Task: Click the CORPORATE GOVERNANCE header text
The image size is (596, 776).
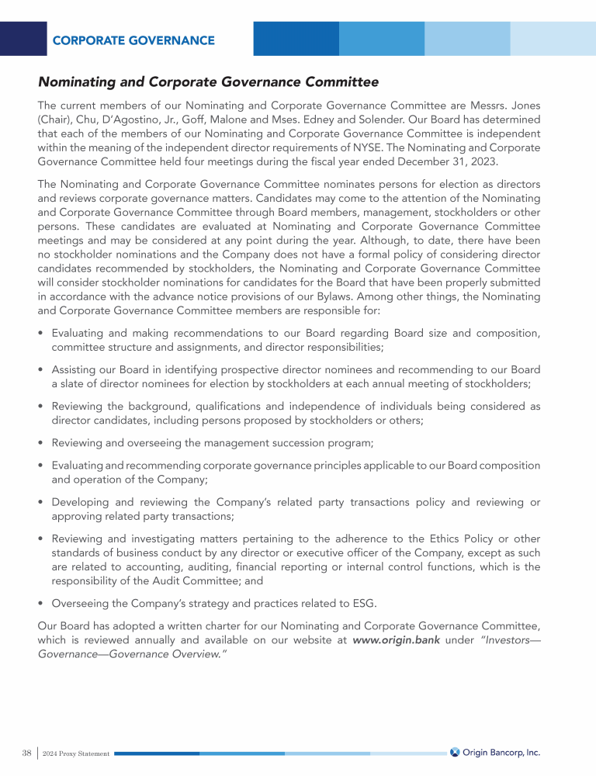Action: pyautogui.click(x=133, y=40)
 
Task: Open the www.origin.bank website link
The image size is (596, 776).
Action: pyautogui.click(x=401, y=640)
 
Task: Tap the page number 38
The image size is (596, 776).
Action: pyautogui.click(x=26, y=753)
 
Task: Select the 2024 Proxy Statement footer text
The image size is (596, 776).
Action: pyautogui.click(x=76, y=753)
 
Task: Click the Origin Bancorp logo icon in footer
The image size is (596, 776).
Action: pyautogui.click(x=455, y=752)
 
